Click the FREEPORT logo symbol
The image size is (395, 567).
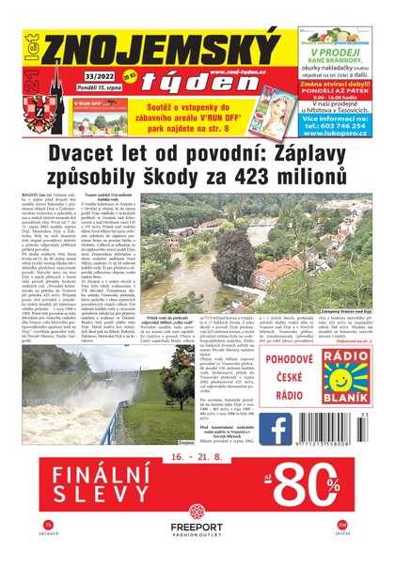click(x=198, y=514)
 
